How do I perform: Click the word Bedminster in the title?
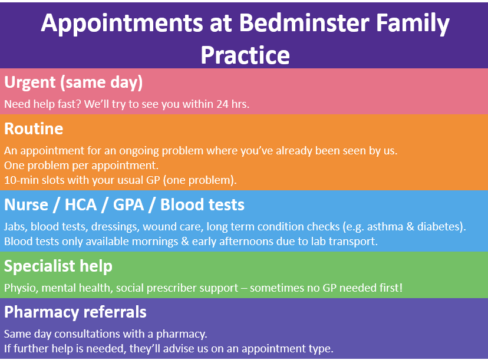304,23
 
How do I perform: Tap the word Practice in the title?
245,55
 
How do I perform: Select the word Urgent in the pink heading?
30,82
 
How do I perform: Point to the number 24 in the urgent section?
223,104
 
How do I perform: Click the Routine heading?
34,128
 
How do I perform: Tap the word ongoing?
139,151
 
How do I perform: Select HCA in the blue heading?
81,204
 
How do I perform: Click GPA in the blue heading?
128,204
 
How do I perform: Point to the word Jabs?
14,226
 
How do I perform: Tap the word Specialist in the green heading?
39,266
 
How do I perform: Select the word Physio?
20,288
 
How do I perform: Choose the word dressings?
114,227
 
